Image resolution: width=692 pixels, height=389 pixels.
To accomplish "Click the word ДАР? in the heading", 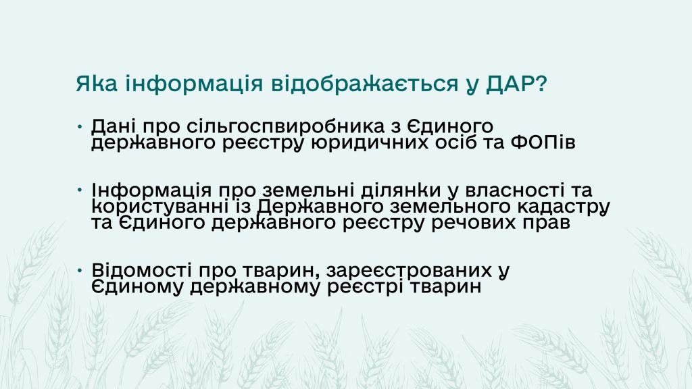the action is (517, 83).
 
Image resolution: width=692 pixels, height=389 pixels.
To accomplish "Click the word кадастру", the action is (564, 207).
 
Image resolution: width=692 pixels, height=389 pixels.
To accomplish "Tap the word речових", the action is (474, 223).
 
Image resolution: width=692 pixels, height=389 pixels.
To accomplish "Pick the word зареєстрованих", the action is (410, 270).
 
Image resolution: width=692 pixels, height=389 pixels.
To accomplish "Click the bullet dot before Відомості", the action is (80, 270).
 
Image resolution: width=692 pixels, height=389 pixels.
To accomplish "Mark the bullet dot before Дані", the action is (80, 126).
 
